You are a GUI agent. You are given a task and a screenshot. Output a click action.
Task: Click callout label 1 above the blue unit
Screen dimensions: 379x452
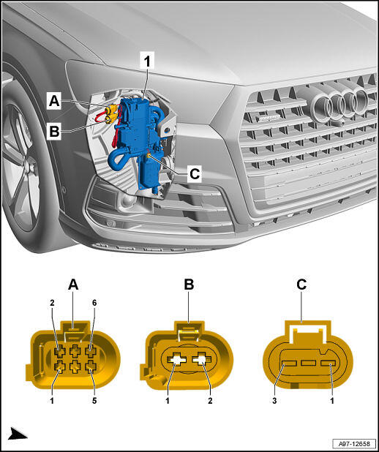(x=147, y=61)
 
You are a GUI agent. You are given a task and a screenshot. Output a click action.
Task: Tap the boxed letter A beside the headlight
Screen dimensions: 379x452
(x=54, y=101)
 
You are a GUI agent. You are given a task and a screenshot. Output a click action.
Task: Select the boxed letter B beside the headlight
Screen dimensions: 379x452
(x=54, y=132)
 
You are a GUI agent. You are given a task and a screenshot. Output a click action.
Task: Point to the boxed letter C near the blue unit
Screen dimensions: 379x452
(x=194, y=174)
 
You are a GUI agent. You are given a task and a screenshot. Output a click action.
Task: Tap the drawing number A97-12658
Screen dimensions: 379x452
(x=354, y=443)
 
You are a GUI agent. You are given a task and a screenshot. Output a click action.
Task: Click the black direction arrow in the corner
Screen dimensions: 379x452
(x=18, y=434)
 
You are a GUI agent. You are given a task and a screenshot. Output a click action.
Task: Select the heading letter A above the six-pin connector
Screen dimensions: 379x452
(x=73, y=285)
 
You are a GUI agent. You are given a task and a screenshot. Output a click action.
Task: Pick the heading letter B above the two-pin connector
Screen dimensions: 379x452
(x=189, y=285)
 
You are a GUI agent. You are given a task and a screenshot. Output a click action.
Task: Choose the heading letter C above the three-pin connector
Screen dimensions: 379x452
(x=301, y=285)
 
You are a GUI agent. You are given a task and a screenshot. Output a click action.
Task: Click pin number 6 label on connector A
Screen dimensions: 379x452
(x=94, y=303)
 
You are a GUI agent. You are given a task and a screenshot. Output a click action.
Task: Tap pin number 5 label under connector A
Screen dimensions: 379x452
(x=94, y=401)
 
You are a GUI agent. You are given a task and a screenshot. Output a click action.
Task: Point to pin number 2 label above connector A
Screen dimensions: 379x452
(x=52, y=303)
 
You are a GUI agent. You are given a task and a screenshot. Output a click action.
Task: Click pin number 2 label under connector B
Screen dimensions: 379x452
(x=210, y=401)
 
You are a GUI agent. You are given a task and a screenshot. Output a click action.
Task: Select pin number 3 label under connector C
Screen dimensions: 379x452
(x=274, y=401)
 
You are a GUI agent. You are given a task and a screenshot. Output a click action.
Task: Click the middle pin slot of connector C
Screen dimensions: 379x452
(x=308, y=363)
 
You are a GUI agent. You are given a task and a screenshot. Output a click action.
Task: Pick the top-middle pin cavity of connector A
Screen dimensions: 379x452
(x=75, y=351)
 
